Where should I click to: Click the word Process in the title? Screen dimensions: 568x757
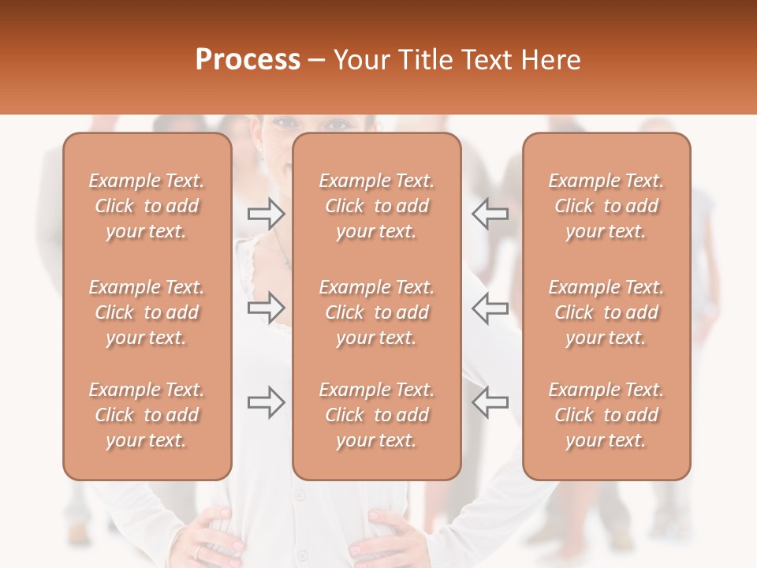248,60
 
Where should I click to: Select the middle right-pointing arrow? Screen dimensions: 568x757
267,308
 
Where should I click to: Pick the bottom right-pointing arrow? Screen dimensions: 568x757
267,402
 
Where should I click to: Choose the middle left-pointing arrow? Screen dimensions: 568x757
490,308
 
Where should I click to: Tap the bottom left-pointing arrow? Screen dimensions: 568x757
490,402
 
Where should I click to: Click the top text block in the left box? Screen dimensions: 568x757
147,206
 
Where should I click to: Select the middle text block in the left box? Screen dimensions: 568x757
147,312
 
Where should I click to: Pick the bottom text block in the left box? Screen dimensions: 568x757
147,415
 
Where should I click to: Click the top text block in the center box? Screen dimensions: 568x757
377,206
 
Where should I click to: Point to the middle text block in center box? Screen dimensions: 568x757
377,312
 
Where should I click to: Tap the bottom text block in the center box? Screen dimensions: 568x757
377,415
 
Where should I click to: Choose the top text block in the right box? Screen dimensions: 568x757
606,206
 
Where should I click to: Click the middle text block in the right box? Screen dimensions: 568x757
606,312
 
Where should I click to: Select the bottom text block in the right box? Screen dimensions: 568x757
606,415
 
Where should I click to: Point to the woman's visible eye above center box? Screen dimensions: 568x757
337,125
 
